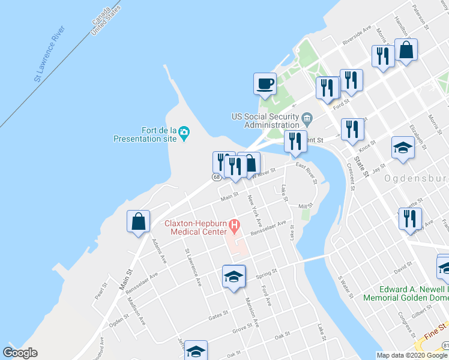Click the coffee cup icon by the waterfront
tap(265, 83)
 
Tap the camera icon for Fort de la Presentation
tap(184, 131)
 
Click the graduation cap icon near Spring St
tap(234, 276)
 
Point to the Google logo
tap(20, 353)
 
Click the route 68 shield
tap(215, 176)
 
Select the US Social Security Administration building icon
tap(307, 117)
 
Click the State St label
tap(361, 166)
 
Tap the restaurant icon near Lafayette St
tap(410, 219)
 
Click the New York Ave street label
tap(255, 206)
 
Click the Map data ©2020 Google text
tap(412, 355)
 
